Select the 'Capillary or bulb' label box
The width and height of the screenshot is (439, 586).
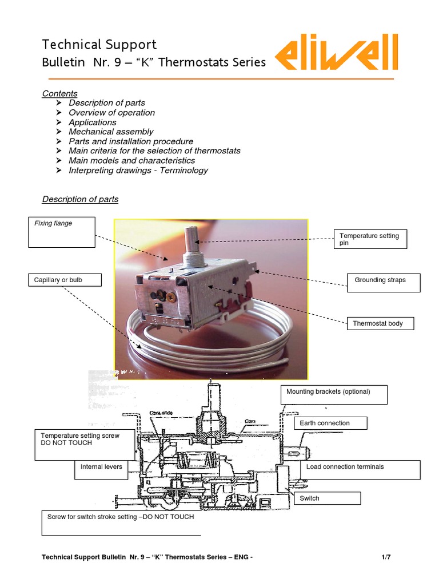64,280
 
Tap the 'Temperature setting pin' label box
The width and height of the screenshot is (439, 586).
370,239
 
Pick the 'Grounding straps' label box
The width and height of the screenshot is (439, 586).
384,282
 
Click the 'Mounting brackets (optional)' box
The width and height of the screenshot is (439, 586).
334,394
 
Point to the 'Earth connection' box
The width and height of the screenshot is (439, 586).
330,423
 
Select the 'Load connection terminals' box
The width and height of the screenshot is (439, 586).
360,469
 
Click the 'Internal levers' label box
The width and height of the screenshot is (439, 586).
107,469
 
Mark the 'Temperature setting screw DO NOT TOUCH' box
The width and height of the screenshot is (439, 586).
85,445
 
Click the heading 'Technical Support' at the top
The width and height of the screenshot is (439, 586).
99,45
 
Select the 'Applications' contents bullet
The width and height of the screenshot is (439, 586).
92,122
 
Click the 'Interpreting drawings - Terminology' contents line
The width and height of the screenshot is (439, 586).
138,171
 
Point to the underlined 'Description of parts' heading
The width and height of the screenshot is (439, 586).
81,200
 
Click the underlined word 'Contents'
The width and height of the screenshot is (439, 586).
60,94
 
